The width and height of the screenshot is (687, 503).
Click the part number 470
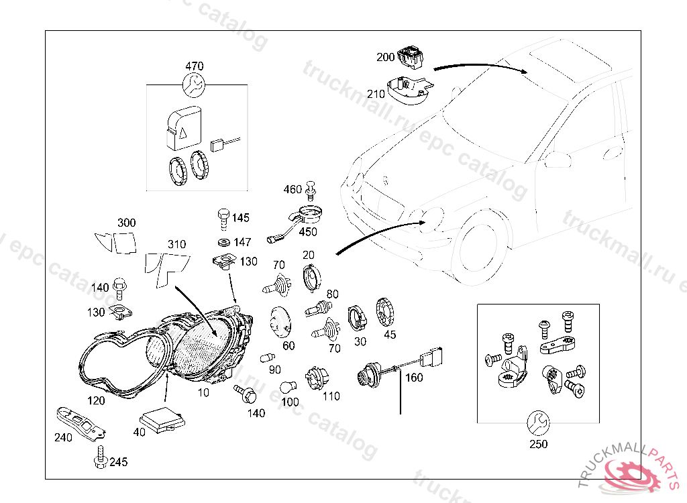pyautogui.click(x=194, y=66)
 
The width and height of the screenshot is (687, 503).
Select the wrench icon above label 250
pyautogui.click(x=538, y=421)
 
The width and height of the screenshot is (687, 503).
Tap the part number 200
pyautogui.click(x=386, y=57)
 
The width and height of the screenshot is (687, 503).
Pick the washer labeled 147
pyautogui.click(x=223, y=241)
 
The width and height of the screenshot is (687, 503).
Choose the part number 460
pyautogui.click(x=293, y=190)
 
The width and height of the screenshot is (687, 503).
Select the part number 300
pyautogui.click(x=126, y=223)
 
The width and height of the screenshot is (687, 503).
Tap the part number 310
pyautogui.click(x=176, y=244)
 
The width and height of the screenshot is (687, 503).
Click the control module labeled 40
pyautogui.click(x=162, y=415)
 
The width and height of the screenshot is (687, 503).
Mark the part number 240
pyautogui.click(x=62, y=438)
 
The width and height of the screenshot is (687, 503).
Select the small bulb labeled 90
pyautogui.click(x=267, y=356)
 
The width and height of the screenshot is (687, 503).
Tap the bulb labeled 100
pyautogui.click(x=289, y=387)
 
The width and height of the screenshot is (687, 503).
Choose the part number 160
pyautogui.click(x=414, y=378)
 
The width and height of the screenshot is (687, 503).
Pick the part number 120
pyautogui.click(x=97, y=400)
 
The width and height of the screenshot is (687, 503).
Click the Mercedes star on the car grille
pyautogui.click(x=385, y=180)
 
